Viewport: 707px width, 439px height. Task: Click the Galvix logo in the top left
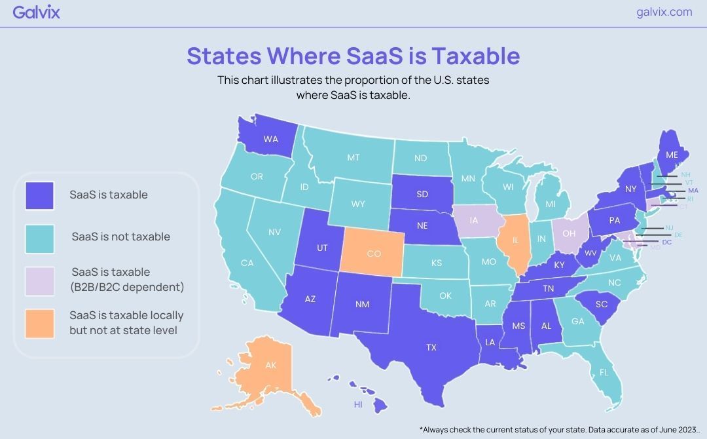36,12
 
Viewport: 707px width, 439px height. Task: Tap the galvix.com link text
664,12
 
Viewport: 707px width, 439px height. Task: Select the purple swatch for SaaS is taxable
39,195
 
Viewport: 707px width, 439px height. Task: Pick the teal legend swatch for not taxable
39,237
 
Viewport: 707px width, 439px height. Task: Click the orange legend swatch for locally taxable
39,323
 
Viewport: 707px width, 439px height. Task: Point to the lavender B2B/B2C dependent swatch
39,280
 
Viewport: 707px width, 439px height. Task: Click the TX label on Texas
431,347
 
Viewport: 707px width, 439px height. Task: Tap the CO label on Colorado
373,254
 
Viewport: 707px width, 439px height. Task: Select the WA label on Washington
270,139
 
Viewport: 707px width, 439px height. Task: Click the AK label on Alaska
270,366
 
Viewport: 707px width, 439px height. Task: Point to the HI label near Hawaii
358,405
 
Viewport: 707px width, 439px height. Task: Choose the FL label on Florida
604,372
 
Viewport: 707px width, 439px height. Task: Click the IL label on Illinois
515,240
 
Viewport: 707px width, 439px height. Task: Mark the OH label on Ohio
569,233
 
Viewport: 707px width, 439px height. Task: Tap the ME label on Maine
672,155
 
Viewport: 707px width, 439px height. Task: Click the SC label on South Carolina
602,304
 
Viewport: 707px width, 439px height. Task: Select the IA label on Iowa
474,221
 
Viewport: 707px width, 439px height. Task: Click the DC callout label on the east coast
667,242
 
